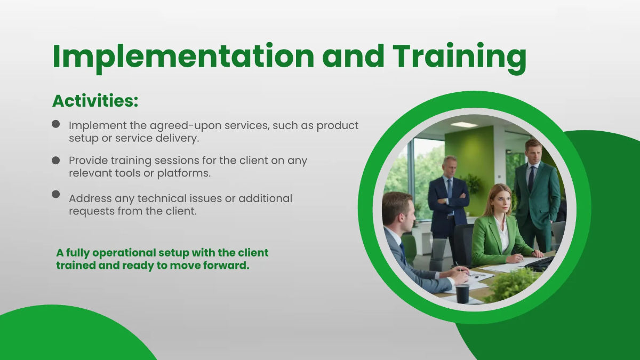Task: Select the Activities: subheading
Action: (95, 101)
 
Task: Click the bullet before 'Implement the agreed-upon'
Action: (56, 124)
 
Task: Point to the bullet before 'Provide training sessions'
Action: (56, 161)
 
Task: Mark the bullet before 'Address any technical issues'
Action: (56, 194)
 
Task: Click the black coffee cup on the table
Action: (462, 293)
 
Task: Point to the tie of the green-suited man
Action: (531, 179)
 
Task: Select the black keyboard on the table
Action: (539, 263)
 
